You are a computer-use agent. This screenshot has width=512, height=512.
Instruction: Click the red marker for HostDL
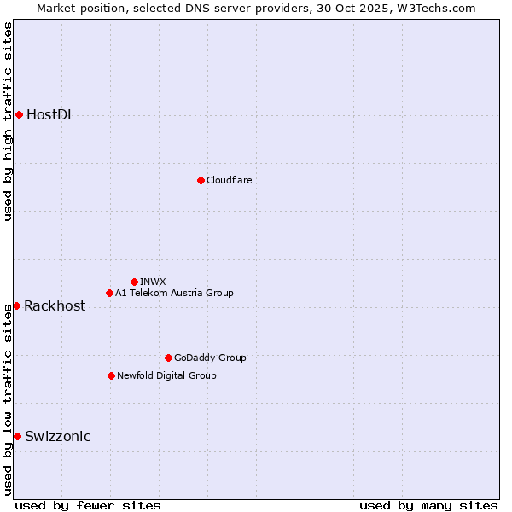tap(19, 115)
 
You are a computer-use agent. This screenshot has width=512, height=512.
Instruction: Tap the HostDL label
tap(50, 115)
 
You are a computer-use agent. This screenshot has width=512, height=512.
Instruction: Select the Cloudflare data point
tap(201, 180)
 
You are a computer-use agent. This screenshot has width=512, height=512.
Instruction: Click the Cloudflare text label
tap(229, 180)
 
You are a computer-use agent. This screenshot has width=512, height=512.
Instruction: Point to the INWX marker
tap(134, 282)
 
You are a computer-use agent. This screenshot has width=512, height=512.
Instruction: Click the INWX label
tap(153, 282)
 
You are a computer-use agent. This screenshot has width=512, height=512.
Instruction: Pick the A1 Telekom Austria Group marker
tap(109, 293)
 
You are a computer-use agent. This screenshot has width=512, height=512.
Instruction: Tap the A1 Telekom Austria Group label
tap(174, 293)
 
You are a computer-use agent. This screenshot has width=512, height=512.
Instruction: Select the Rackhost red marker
tap(16, 305)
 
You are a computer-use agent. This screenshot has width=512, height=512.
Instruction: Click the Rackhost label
tap(55, 306)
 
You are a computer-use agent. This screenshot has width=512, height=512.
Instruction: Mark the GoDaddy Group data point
tap(168, 358)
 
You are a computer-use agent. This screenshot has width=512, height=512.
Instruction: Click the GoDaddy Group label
tap(210, 358)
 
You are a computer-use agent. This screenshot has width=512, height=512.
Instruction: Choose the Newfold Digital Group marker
tap(111, 375)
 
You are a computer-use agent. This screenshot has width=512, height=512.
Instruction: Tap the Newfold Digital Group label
tap(166, 375)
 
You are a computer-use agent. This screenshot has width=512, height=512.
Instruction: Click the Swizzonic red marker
tap(17, 436)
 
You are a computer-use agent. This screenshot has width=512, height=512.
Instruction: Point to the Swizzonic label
tap(57, 437)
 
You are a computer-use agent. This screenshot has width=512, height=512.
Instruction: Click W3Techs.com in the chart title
tap(440, 8)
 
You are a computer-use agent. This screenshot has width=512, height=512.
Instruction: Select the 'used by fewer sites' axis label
tap(88, 505)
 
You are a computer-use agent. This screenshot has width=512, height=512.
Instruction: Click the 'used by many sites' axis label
tap(428, 505)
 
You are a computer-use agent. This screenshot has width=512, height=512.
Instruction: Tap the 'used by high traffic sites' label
tap(8, 121)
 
